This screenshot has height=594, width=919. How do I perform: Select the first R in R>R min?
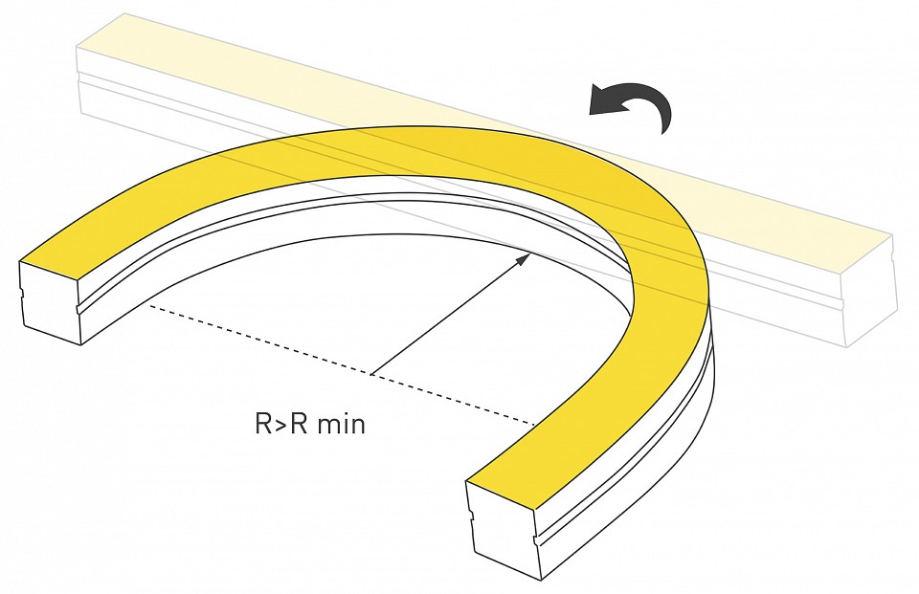click(x=263, y=424)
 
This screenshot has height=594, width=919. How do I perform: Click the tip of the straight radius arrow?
click(x=530, y=253)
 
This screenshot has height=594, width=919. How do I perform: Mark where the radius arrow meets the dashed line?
click(x=370, y=374)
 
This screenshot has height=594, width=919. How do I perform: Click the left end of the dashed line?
click(x=149, y=305)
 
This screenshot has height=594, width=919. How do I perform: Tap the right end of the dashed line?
click(x=536, y=423)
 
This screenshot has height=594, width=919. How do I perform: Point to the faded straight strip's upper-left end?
click(x=78, y=50)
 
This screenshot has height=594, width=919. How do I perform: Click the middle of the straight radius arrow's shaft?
click(x=450, y=314)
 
